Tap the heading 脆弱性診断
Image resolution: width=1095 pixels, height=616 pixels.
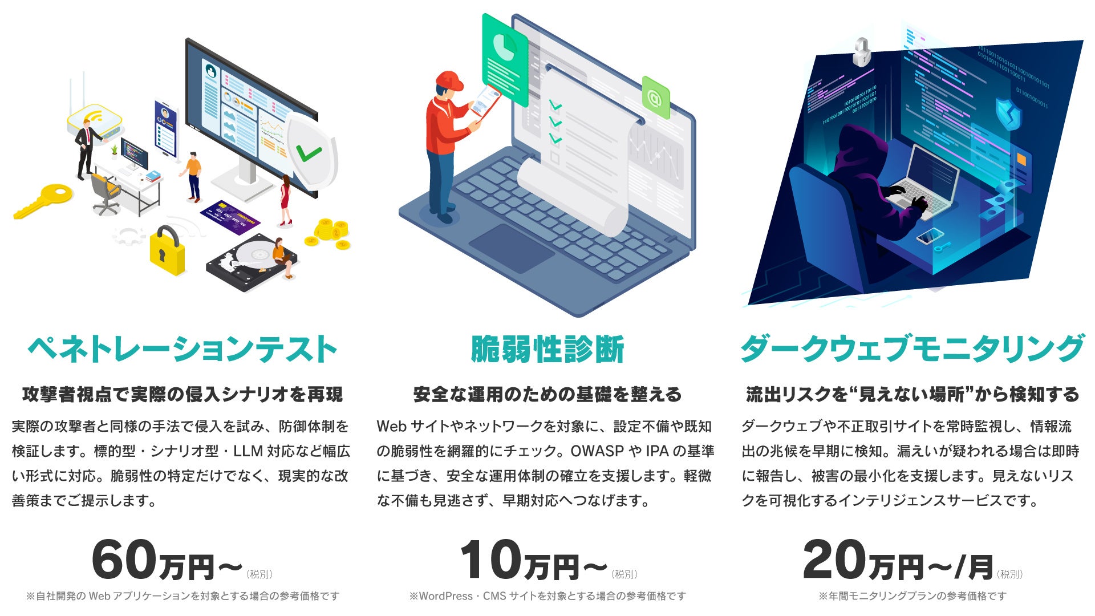click(x=547, y=349)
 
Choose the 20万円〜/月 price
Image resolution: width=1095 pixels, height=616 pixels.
click(x=898, y=562)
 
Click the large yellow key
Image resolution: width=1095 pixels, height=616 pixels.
click(x=43, y=200)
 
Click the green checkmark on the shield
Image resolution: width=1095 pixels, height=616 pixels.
click(x=309, y=153)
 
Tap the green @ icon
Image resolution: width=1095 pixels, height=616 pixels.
click(x=655, y=98)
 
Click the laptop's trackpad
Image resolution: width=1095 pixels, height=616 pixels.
click(x=511, y=247)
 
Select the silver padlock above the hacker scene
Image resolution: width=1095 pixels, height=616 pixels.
click(x=861, y=52)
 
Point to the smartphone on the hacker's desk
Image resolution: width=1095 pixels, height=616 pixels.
click(x=930, y=236)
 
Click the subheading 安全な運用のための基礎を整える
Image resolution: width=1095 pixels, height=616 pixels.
click(x=547, y=395)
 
